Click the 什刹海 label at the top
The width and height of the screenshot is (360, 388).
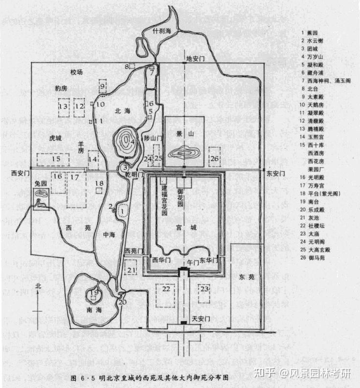tap(162, 30)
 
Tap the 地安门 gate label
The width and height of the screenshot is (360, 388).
tap(195, 58)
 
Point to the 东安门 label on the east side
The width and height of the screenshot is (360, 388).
tap(275, 173)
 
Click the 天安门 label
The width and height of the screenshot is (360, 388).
tap(201, 318)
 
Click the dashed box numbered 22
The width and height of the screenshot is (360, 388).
tap(166, 290)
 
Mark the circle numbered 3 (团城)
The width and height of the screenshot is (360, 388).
tap(124, 168)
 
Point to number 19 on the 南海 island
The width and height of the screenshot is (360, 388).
tap(94, 294)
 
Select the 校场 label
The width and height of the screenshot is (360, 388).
tap(76, 72)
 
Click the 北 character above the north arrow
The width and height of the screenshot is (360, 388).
tap(38, 287)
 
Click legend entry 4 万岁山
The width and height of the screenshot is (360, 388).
tap(313, 57)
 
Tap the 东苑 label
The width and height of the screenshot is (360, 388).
tap(248, 277)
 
